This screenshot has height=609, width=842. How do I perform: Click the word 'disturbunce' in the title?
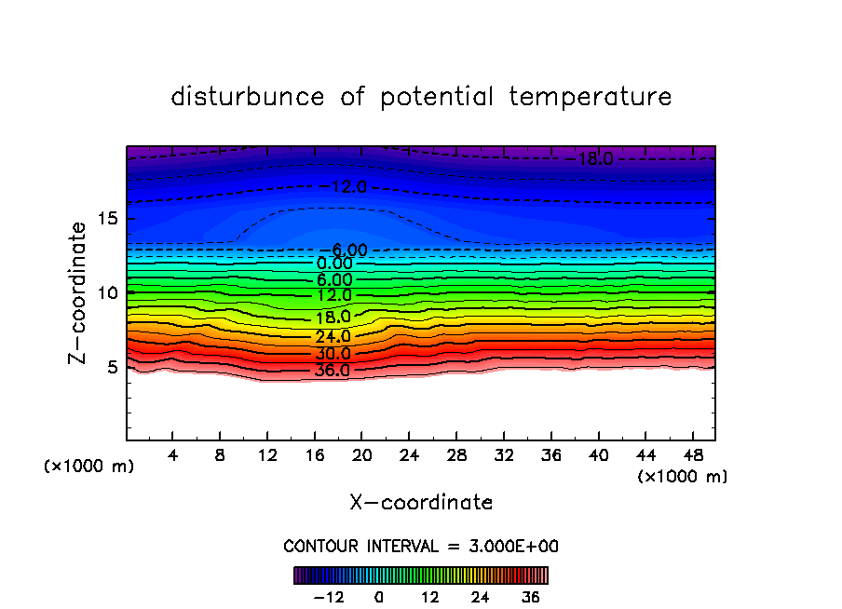[x=248, y=97]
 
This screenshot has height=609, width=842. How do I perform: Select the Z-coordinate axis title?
[x=79, y=292]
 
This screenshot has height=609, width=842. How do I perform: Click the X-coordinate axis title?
[x=421, y=502]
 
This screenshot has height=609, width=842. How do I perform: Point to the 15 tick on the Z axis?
[x=108, y=219]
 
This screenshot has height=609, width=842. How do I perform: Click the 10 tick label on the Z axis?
[x=108, y=292]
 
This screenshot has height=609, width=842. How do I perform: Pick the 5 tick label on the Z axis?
[x=114, y=367]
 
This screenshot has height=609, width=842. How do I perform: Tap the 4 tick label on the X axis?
[x=173, y=455]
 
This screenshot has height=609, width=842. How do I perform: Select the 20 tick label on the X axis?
[x=361, y=455]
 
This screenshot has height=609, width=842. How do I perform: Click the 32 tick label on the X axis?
[x=503, y=455]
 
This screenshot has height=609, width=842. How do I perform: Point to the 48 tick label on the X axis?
[x=691, y=455]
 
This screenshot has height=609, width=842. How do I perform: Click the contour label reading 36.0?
[x=333, y=371]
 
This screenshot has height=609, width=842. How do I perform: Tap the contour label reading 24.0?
[x=333, y=336]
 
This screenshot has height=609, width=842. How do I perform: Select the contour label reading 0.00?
[x=334, y=264]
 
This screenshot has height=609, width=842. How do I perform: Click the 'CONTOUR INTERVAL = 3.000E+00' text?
[x=421, y=546]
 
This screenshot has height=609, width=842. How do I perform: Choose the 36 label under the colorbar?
[x=531, y=597]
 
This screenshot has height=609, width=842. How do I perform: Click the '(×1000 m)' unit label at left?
[x=89, y=467]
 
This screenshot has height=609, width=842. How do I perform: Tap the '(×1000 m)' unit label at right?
[x=683, y=477]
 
